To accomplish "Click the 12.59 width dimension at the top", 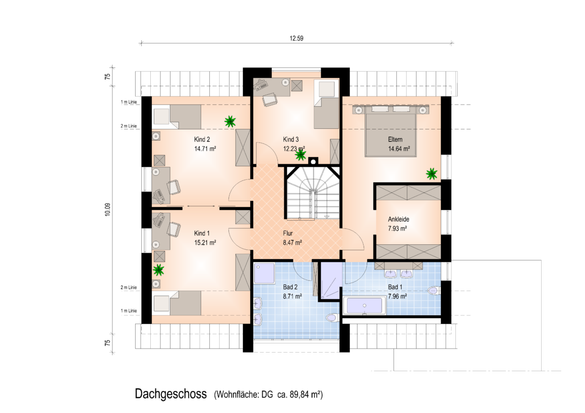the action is pos(296,38).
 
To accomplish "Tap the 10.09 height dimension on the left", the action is pos(108,210).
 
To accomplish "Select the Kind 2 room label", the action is pos(202,140).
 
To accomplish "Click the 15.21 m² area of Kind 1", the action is pos(205,243).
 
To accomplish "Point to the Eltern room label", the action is pos(395,140).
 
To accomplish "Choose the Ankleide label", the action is pos(398,219).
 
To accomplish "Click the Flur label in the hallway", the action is pos(287,233).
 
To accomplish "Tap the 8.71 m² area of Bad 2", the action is pos(292,296).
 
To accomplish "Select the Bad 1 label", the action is pos(395,287).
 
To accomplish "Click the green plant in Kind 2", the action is pos(230,121).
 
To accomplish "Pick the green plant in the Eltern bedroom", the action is pos(432,173).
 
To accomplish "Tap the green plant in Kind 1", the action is pos(158,269).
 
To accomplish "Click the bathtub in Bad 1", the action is pos(364,306).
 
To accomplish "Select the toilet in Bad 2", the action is pos(332,318).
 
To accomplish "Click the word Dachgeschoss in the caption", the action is pos(171,394).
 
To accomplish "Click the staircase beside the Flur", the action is pos(313,193).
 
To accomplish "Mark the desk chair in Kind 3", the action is pos(270,100).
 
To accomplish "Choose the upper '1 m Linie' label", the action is pos(129,102).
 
